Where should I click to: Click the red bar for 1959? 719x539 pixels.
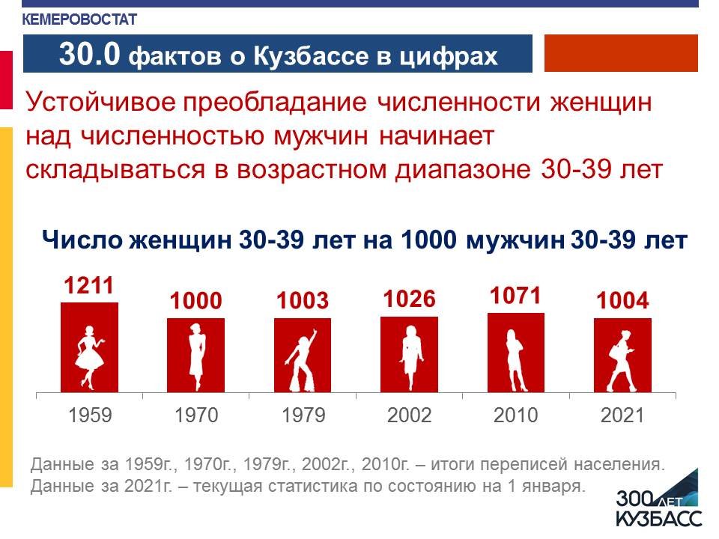pos(89,347)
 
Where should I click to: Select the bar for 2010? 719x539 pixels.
pos(516,353)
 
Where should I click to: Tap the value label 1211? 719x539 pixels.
pos(88,285)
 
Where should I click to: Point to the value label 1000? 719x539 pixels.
pos(195,301)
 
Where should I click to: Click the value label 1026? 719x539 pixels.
pos(409,299)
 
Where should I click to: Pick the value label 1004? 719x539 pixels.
pos(622,301)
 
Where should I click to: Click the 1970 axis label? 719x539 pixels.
pos(196,415)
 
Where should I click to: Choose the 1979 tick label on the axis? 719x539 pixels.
pos(303,415)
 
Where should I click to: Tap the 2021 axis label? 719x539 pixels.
pos(622,415)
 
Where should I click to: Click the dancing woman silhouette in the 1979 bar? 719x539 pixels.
pos(301,360)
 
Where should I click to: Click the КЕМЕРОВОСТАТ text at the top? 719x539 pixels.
pos(79,19)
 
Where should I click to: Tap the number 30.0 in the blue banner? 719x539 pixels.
pos(89,54)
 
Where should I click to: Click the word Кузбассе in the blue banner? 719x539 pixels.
pos(311,56)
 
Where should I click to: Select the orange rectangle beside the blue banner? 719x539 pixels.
pos(621,53)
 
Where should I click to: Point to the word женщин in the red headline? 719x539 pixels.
pos(601,102)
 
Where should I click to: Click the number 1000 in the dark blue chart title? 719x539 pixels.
pos(428,240)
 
